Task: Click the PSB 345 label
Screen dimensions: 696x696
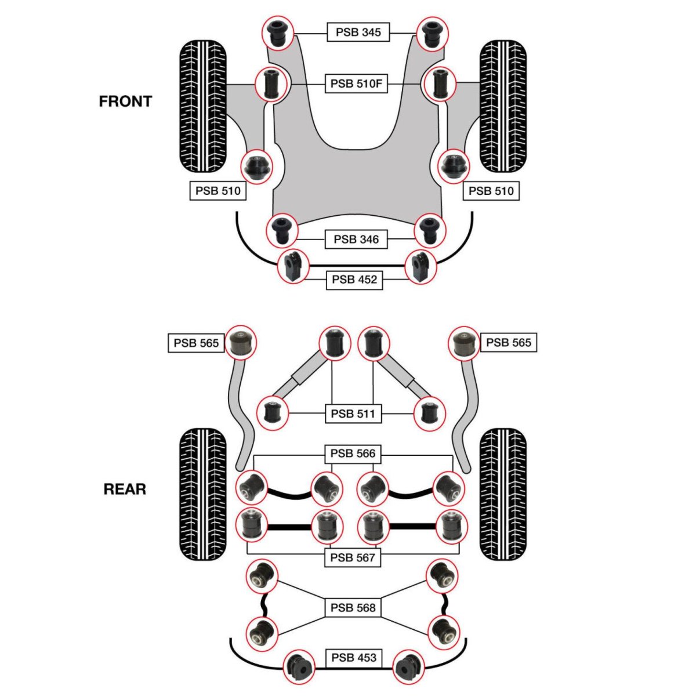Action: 358,32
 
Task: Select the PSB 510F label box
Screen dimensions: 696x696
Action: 356,84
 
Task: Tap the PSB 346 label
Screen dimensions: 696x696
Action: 356,239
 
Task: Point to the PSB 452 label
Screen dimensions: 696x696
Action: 354,280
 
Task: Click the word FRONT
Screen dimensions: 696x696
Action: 125,101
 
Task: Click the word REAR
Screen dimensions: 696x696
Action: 125,490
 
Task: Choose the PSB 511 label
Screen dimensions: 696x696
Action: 353,414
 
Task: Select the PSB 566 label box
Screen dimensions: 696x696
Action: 353,453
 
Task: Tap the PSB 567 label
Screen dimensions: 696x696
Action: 353,557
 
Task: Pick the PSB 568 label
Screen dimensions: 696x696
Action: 353,608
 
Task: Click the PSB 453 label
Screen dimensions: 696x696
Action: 354,658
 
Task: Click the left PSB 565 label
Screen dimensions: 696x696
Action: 196,343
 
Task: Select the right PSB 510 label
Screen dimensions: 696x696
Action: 491,191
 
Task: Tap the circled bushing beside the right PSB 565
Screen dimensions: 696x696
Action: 465,343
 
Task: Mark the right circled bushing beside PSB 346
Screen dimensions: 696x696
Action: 429,230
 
